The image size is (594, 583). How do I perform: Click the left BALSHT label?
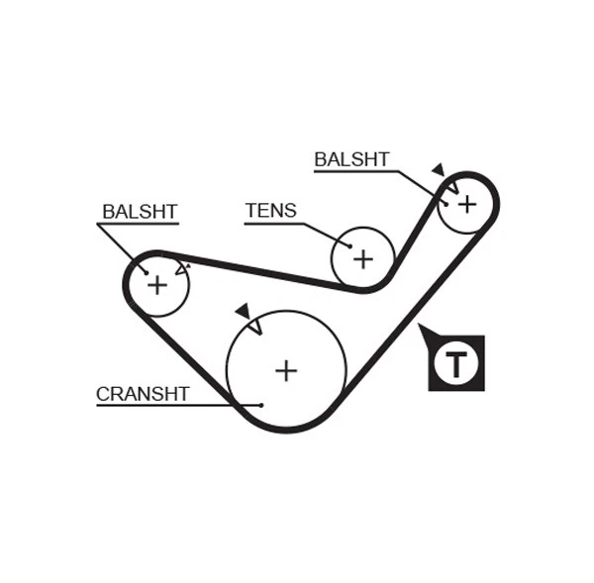tap(140, 211)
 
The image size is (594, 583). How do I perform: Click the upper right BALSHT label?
tap(351, 159)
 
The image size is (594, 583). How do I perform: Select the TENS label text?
tap(270, 210)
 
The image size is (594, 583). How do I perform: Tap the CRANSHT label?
tap(143, 394)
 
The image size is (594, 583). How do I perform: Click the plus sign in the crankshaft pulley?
tap(286, 370)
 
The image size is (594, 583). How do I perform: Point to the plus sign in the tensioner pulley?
tap(363, 258)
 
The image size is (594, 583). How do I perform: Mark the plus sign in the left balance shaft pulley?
tap(157, 285)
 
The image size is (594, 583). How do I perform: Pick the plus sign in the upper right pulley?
tap(466, 203)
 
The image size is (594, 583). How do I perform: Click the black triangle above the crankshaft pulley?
tap(243, 311)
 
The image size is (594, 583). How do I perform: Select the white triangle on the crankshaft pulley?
tap(254, 326)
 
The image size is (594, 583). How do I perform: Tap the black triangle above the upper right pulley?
tap(438, 169)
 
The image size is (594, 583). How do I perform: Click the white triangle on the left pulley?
tap(181, 267)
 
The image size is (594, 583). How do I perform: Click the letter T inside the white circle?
tap(456, 364)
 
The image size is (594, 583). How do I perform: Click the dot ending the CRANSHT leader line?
tap(260, 405)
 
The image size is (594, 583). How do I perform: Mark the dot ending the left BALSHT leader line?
tap(146, 272)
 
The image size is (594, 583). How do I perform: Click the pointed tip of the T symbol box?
tap(421, 326)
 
